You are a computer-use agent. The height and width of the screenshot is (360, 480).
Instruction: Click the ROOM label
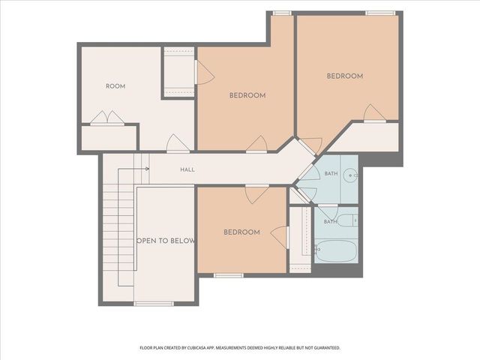click(115, 86)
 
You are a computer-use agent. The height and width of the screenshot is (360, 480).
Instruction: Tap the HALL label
click(187, 169)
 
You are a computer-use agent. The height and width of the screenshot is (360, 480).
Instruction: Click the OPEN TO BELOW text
click(165, 241)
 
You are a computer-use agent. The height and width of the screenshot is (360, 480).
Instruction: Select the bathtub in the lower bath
click(336, 251)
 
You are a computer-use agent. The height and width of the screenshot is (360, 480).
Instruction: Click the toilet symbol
click(348, 220)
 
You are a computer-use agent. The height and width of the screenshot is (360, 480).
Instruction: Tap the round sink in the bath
click(349, 175)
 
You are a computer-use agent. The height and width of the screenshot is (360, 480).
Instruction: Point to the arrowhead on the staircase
click(148, 169)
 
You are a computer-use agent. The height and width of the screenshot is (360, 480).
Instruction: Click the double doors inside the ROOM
click(107, 118)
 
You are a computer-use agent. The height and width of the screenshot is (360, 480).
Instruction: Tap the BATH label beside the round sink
click(331, 173)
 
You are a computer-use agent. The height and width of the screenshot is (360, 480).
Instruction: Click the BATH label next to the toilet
click(330, 222)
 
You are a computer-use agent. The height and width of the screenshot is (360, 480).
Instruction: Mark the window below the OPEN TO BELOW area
click(154, 303)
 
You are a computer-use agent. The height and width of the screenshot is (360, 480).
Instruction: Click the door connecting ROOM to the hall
click(178, 143)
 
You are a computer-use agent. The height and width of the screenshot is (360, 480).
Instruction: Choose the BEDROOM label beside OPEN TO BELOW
click(241, 232)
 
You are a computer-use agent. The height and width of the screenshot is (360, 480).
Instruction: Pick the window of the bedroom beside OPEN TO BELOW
click(229, 275)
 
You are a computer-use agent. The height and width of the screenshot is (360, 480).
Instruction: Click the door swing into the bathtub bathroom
click(328, 211)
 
